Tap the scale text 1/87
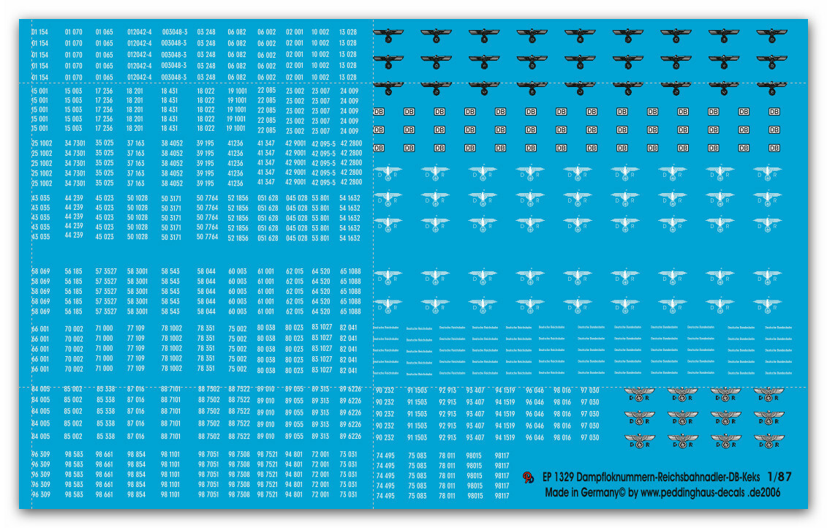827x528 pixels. (x=779, y=477)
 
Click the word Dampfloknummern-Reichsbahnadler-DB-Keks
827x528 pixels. (x=673, y=478)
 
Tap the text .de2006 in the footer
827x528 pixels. (x=762, y=493)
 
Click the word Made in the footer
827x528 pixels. (x=559, y=493)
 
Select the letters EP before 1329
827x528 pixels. (x=548, y=478)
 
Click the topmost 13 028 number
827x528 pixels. (x=348, y=32)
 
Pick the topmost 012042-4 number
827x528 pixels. (x=139, y=32)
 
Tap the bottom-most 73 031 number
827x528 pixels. (x=348, y=494)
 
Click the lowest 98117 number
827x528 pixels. (x=502, y=496)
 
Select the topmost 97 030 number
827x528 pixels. (x=589, y=391)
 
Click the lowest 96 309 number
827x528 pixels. (x=40, y=494)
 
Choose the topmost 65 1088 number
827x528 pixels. (x=350, y=271)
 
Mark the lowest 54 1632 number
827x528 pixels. (x=350, y=238)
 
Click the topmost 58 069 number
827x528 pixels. (x=40, y=271)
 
